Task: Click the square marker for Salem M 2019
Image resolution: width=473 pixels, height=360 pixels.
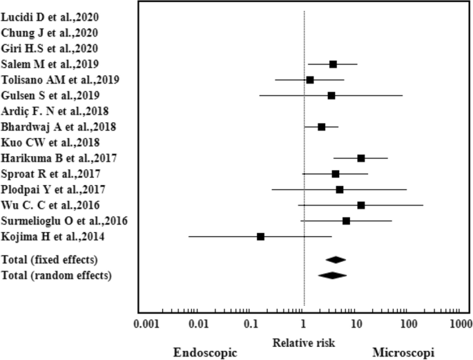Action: point(333,64)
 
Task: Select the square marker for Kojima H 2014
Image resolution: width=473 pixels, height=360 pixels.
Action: point(260,236)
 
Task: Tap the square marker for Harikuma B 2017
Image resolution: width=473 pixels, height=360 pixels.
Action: point(361,158)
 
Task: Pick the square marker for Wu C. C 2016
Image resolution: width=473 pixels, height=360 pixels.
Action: point(361,205)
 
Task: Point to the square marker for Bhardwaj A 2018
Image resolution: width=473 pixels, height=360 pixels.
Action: point(322,127)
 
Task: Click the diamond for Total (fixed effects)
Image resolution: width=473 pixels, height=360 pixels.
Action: point(336,260)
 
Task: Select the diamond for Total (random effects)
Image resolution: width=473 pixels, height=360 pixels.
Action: point(332,275)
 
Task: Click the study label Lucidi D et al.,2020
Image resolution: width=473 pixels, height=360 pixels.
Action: point(48,17)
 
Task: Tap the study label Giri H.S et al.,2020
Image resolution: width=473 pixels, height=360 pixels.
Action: point(49,48)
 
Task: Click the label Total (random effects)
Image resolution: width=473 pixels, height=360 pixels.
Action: point(57,276)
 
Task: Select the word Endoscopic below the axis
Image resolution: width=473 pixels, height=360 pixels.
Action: point(204,352)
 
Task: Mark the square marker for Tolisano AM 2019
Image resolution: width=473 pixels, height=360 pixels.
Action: point(310,80)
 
